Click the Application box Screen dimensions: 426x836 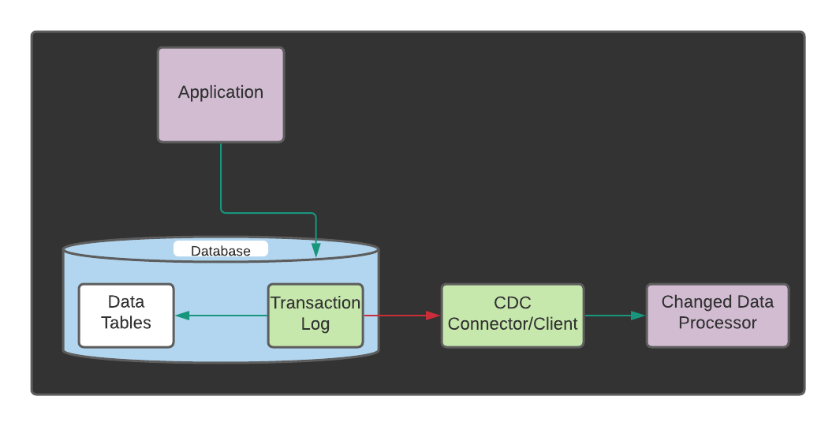[221, 95]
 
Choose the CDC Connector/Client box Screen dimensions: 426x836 [513, 316]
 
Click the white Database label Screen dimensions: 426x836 [221, 250]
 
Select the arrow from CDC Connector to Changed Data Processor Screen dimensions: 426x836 [611, 316]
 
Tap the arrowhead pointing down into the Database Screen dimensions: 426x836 [316, 249]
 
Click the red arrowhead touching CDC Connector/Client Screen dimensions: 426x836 [433, 316]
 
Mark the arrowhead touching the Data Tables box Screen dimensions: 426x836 [182, 316]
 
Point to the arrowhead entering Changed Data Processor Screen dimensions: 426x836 [638, 316]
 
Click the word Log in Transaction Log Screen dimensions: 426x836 [315, 324]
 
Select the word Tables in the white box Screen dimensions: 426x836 [126, 323]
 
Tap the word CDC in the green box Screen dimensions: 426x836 [513, 303]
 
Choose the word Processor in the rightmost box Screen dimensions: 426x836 [718, 323]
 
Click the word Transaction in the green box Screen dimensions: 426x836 [315, 303]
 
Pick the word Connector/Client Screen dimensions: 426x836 [513, 323]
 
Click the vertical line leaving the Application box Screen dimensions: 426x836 [221, 177]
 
